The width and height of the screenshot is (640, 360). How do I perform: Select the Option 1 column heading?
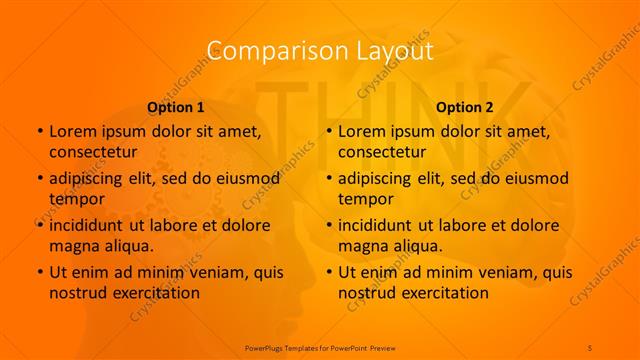pos(176,107)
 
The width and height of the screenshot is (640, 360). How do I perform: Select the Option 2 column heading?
pos(465,107)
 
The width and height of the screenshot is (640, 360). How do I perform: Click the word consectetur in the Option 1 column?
pos(93,152)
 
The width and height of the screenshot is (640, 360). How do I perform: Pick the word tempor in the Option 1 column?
pos(75,199)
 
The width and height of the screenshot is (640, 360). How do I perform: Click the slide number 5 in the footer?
pos(590,346)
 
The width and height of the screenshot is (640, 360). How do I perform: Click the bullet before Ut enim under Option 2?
pos(328,272)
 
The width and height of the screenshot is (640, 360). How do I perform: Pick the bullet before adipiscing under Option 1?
pos(39,178)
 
